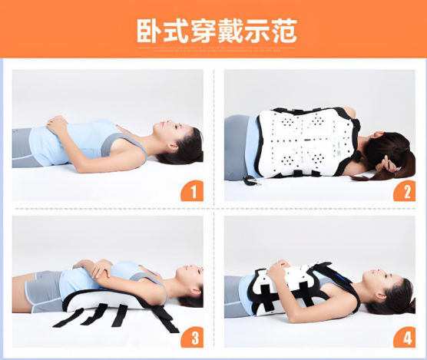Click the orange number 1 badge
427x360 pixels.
(191, 191)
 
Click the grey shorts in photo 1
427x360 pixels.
(26, 147)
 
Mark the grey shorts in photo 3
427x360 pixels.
(42, 290)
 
